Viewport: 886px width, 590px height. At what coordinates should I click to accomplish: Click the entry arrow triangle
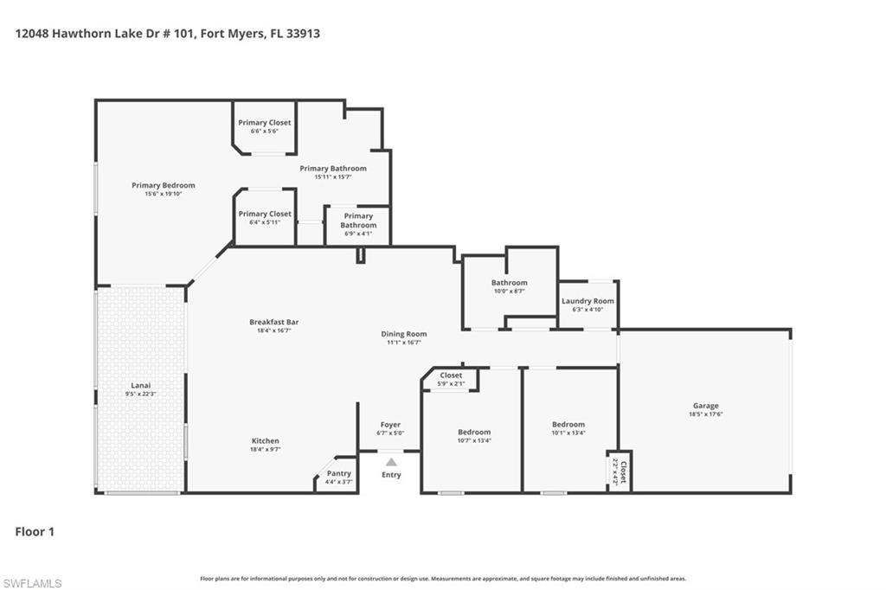(391, 462)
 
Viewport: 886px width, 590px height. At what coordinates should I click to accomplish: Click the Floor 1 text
(35, 532)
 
